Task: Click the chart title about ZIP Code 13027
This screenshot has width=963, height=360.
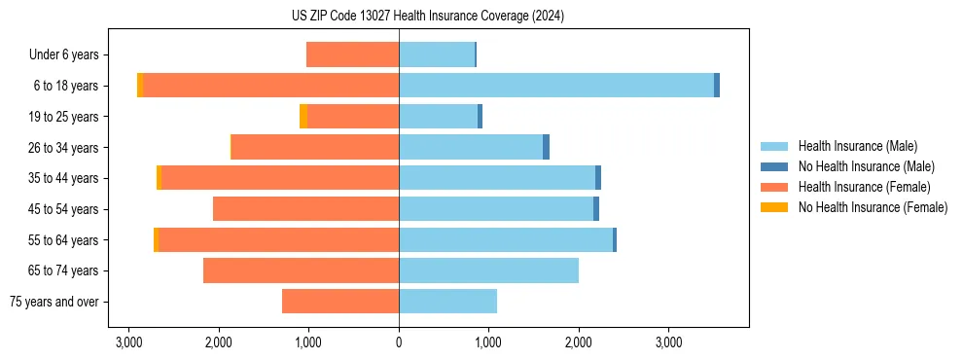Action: (x=481, y=17)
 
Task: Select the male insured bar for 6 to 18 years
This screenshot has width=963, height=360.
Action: (x=555, y=86)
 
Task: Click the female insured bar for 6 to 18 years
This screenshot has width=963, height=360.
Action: (x=270, y=86)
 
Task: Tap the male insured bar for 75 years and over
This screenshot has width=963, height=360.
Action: (x=447, y=302)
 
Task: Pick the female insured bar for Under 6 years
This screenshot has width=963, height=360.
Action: (x=352, y=54)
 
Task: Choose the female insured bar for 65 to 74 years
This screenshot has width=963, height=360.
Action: (x=301, y=270)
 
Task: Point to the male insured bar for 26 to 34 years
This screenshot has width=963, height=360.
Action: (x=471, y=147)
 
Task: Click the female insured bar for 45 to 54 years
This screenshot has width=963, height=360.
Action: (x=305, y=209)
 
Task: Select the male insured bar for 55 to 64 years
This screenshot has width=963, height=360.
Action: (x=506, y=239)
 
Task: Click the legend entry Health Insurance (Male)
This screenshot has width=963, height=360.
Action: (x=857, y=146)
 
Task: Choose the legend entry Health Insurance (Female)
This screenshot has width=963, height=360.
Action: (x=864, y=187)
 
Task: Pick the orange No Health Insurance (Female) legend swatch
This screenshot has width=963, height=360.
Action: (x=775, y=207)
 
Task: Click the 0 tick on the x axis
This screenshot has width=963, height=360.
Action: (x=399, y=343)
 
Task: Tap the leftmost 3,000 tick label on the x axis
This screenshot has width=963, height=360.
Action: (x=128, y=343)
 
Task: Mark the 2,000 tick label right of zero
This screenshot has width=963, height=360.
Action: (x=579, y=343)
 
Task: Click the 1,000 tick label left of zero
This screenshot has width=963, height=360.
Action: (x=308, y=343)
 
